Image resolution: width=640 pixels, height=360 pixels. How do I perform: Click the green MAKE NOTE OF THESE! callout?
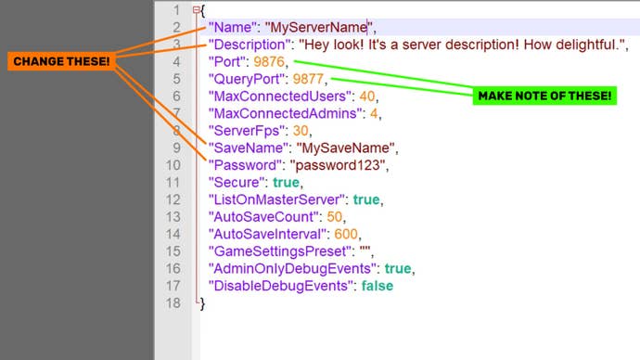544,96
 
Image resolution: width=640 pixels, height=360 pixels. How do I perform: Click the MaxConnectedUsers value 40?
367,96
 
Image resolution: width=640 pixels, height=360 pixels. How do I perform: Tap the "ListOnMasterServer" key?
277,199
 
